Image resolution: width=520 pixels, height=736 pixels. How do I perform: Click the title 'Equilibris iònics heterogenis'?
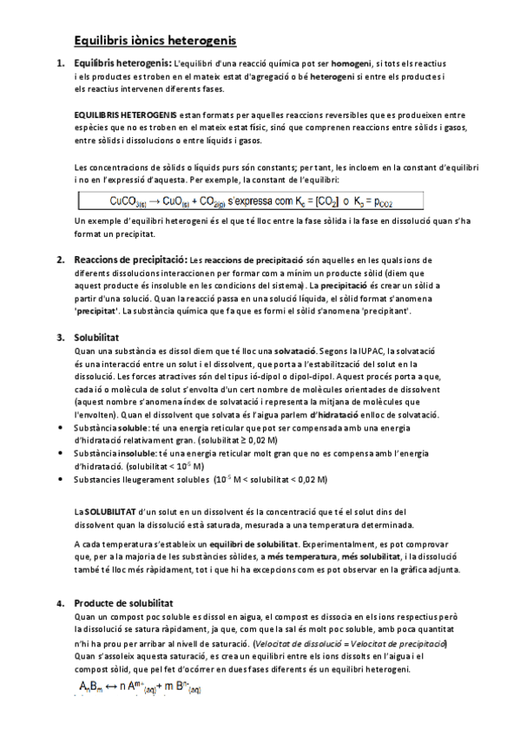tap(155, 40)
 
